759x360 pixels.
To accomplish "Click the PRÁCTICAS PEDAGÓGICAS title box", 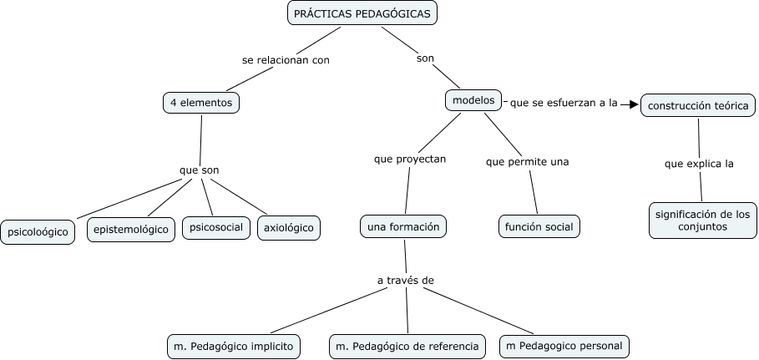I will point(362,14).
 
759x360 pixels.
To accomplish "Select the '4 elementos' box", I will point(200,103).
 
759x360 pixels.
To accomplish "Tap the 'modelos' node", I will point(473,100).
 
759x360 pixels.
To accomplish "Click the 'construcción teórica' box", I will point(699,106).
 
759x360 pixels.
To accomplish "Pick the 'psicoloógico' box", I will point(38,231).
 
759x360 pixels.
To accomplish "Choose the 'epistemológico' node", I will point(131,228).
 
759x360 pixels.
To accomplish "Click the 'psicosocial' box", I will point(216,227).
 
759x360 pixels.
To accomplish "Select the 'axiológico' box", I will point(289,227).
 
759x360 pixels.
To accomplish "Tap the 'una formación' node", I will point(403,226).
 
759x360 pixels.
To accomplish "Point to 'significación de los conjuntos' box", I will point(702,220).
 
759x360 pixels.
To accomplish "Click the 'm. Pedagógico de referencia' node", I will point(407,346).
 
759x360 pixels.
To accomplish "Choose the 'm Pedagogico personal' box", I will point(564,346).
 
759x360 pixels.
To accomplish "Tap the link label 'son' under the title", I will point(425,58).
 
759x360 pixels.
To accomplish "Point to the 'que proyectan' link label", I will point(410,159).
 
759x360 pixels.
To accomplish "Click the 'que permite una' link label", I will point(527,161).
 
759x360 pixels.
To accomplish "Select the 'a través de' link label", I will point(405,280).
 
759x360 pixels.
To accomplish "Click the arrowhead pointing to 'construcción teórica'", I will point(633,104).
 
